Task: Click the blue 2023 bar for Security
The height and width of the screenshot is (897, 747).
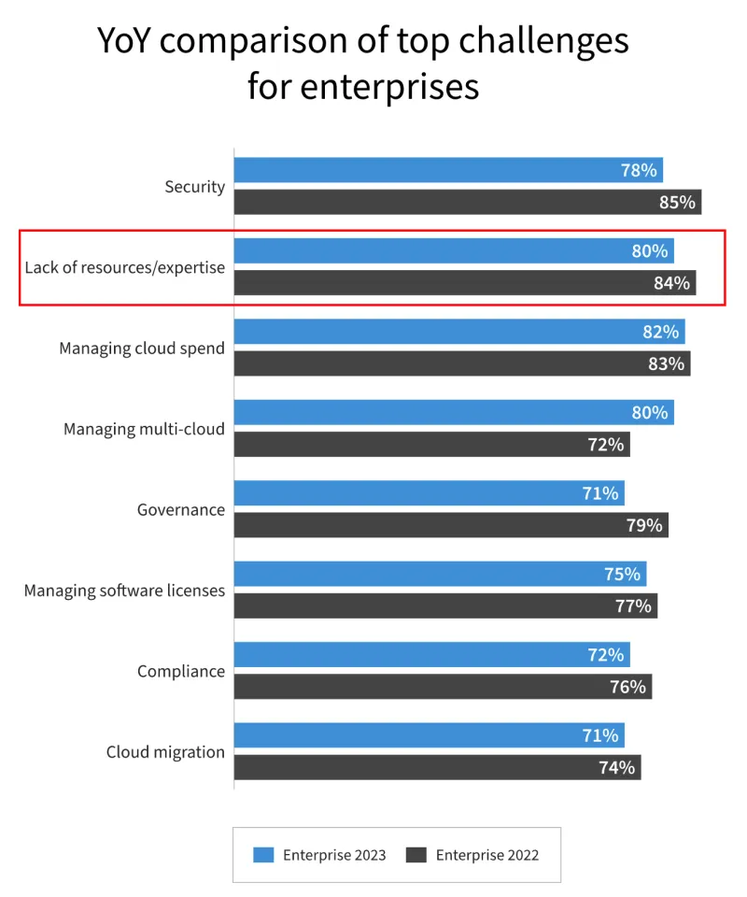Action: (x=448, y=170)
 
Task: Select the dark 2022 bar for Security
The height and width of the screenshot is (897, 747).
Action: (x=467, y=203)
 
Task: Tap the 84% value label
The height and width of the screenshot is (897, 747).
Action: (x=671, y=283)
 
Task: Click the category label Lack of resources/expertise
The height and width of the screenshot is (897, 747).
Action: (x=125, y=267)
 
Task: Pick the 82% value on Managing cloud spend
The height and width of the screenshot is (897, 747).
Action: (x=660, y=332)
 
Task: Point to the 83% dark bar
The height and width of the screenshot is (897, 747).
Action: (x=461, y=363)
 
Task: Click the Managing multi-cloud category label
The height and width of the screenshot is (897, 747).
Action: (x=144, y=429)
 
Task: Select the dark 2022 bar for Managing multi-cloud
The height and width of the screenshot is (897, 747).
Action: (x=431, y=445)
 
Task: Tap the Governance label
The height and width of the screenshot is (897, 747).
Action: (x=181, y=509)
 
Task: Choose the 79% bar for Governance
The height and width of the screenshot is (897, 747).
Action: (x=450, y=525)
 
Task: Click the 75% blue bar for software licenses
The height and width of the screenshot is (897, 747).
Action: (x=439, y=574)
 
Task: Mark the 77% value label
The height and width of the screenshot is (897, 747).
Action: (x=633, y=606)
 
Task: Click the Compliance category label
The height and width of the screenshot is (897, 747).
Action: (x=181, y=671)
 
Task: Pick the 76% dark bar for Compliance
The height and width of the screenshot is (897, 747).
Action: (x=442, y=687)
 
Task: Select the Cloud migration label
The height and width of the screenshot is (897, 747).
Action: (x=165, y=752)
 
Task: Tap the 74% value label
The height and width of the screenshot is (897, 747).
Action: (x=616, y=768)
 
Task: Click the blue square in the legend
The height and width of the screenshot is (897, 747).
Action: (x=263, y=855)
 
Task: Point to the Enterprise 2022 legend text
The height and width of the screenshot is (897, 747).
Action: (x=486, y=855)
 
